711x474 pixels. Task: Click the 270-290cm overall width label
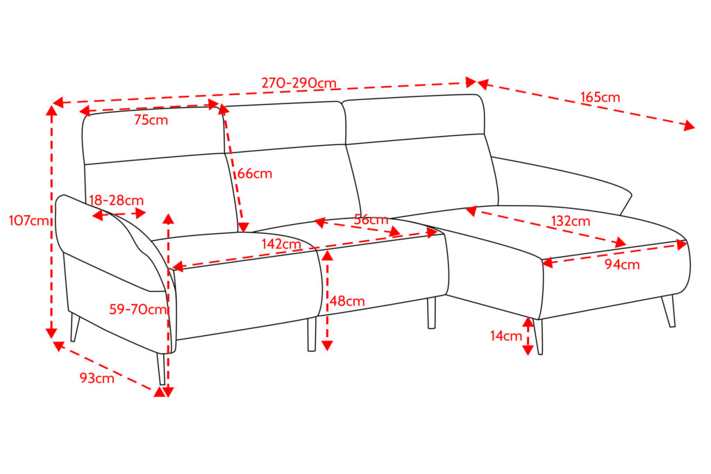click(299, 83)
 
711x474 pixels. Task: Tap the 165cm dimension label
click(600, 97)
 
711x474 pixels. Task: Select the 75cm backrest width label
click(151, 120)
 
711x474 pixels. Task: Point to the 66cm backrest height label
click(255, 173)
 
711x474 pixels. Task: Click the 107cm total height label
click(29, 221)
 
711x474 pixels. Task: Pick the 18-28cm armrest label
click(116, 201)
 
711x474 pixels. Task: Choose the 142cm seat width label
click(281, 244)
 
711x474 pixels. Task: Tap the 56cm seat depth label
click(371, 220)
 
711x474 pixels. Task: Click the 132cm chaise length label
click(571, 221)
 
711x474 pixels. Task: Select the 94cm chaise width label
click(622, 264)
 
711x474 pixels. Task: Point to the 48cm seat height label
click(347, 301)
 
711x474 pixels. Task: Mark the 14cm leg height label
click(506, 336)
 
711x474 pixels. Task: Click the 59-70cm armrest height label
click(138, 310)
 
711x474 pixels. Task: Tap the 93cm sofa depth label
click(97, 378)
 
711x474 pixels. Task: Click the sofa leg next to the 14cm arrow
click(538, 336)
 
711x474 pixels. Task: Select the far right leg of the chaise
click(669, 311)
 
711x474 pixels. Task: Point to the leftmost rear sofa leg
click(75, 326)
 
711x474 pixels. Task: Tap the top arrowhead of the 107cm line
click(51, 110)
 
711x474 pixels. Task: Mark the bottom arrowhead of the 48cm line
click(327, 346)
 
